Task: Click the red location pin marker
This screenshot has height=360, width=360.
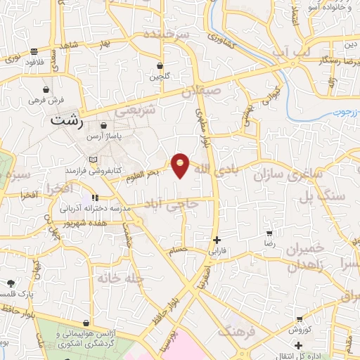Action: click(181, 165)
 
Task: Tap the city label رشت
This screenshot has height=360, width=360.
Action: click(67, 121)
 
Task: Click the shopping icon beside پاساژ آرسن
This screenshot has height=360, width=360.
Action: click(104, 126)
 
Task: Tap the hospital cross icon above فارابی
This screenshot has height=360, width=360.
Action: click(217, 239)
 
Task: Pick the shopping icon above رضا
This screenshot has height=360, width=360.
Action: click(269, 231)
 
